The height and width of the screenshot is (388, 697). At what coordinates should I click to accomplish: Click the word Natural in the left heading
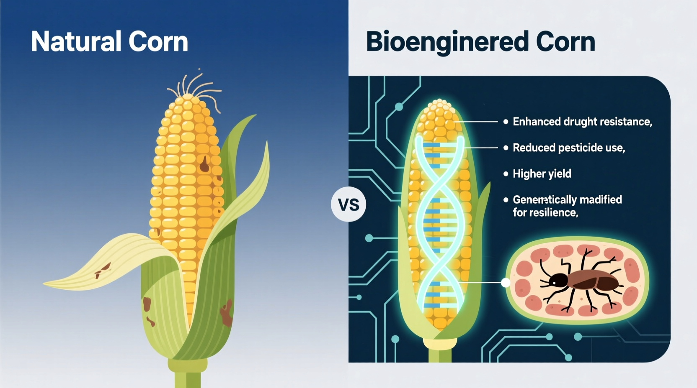point(76,42)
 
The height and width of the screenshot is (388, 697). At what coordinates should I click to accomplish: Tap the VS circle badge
point(348,205)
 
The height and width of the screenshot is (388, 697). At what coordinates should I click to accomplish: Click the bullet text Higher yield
point(542,174)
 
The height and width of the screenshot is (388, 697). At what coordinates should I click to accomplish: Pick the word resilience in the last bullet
point(553,213)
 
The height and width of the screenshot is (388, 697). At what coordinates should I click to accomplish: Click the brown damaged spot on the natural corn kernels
point(204,164)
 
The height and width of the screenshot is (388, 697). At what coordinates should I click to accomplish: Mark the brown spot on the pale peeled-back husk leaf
point(103,270)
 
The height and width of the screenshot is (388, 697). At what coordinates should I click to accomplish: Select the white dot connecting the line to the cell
point(506,283)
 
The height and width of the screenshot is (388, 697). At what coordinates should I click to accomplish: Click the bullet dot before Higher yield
point(506,174)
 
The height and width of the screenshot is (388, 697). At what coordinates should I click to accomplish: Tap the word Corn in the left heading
point(158,42)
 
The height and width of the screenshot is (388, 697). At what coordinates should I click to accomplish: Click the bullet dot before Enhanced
point(506,122)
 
